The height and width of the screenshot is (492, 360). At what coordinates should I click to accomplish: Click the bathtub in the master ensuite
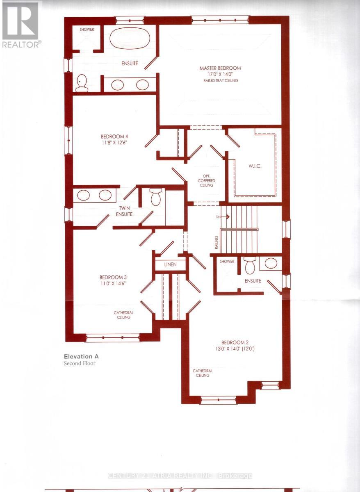130,39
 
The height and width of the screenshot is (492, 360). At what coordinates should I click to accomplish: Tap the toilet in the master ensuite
82,83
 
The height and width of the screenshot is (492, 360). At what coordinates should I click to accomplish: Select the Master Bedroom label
220,68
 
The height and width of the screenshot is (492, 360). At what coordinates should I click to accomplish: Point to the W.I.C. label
255,166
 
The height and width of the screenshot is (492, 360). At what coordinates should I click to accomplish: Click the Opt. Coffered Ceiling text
207,180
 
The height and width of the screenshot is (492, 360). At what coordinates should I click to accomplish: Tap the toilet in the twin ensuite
155,197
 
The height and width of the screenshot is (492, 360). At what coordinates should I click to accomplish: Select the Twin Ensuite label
123,211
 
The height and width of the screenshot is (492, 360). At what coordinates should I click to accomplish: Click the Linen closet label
170,264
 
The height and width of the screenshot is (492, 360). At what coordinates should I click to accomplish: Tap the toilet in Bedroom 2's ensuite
250,266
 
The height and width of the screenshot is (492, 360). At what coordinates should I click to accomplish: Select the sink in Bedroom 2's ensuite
271,263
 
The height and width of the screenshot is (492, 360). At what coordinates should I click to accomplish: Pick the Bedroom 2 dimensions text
235,349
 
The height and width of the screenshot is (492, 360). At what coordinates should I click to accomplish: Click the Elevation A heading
81,357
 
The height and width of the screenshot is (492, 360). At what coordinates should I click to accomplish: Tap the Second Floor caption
80,363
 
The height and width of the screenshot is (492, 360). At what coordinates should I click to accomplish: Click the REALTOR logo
21,25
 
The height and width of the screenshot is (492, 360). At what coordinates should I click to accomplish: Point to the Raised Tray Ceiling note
221,81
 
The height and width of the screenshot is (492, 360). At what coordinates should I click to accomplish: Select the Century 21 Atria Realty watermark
180,476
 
